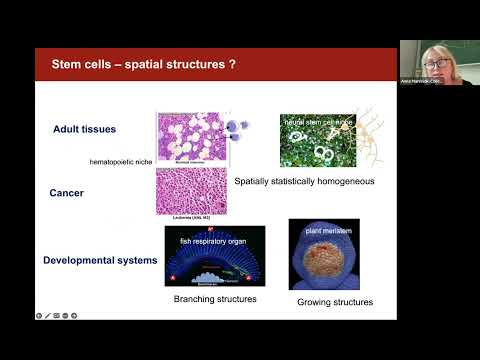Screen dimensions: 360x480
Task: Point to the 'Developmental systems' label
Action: (x=100, y=260)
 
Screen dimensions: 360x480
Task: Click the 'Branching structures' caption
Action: (x=214, y=299)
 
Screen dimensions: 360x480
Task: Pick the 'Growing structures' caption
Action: (x=335, y=301)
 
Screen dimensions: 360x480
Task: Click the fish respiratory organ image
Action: (x=215, y=255)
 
